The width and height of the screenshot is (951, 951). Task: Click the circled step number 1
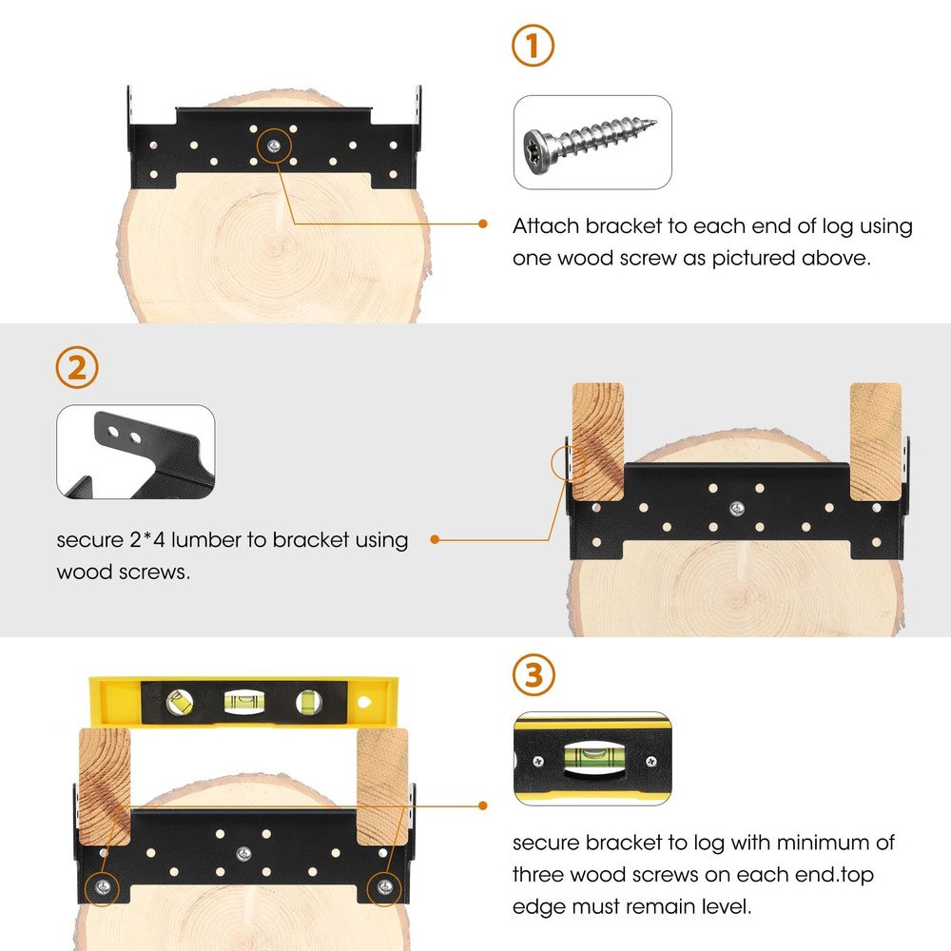coord(533,46)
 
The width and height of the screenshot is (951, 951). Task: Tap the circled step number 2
coord(77,367)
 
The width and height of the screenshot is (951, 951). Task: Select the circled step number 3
coord(534,674)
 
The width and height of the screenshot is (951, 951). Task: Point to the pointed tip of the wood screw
coord(654,122)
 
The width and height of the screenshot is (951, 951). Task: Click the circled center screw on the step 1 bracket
coord(274,146)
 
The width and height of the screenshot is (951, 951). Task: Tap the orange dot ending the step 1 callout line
coord(483,223)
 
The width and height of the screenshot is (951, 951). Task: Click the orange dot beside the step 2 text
coord(435,539)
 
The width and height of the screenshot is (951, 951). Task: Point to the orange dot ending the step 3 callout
coord(483,805)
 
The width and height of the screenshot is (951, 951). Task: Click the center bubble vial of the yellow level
coord(244,703)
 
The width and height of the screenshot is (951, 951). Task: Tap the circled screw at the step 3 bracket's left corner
coord(103,888)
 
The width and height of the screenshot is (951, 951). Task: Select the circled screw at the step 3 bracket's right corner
coord(384,888)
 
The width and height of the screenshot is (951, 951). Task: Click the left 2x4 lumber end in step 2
coord(598,441)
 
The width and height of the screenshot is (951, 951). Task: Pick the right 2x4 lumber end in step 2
coord(876,441)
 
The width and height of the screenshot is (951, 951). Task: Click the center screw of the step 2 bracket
coord(737,508)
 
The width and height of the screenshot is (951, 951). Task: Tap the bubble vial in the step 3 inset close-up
coord(594,758)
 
